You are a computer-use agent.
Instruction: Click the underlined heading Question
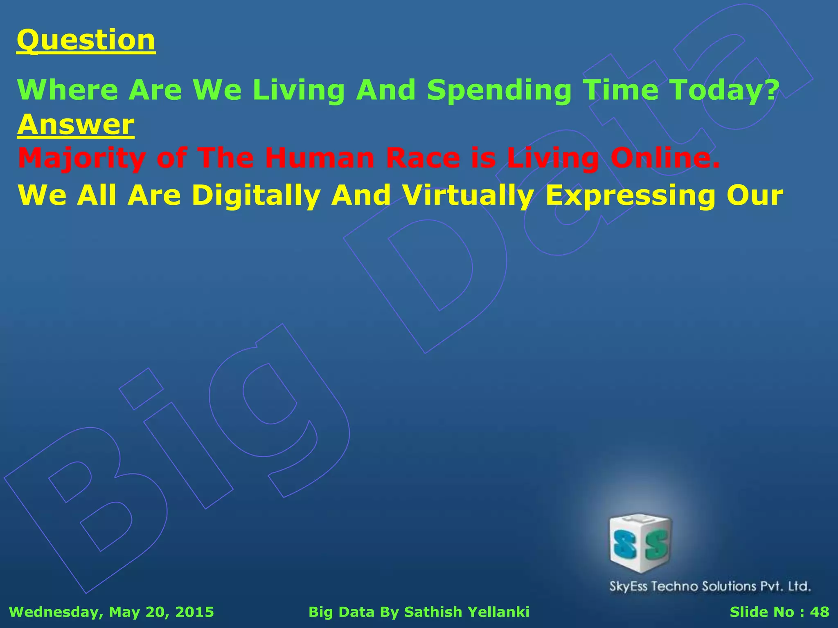(x=86, y=40)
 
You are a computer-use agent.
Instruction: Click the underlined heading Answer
(x=76, y=124)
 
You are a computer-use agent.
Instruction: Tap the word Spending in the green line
(x=499, y=90)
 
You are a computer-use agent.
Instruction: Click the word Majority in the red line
(x=82, y=159)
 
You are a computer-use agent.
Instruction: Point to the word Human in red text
(x=319, y=159)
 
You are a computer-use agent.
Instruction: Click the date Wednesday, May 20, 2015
(x=111, y=612)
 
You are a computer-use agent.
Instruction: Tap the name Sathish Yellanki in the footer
(x=466, y=612)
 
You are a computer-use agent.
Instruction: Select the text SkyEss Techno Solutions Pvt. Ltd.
(x=710, y=586)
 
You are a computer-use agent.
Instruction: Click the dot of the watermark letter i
(x=141, y=388)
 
